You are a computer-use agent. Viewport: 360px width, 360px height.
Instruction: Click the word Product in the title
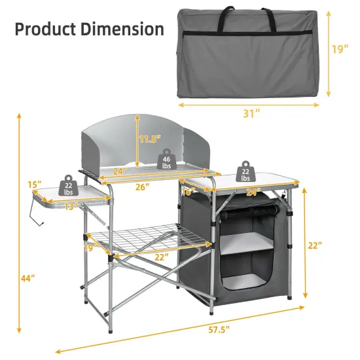pyautogui.click(x=44, y=29)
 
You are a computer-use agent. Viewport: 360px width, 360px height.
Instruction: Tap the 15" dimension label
pyautogui.click(x=35, y=184)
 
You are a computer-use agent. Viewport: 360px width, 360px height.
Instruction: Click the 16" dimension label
pyautogui.click(x=189, y=192)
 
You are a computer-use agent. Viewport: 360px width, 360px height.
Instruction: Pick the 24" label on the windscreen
pyautogui.click(x=118, y=172)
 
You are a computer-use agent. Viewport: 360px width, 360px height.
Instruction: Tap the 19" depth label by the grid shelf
pyautogui.click(x=90, y=247)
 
